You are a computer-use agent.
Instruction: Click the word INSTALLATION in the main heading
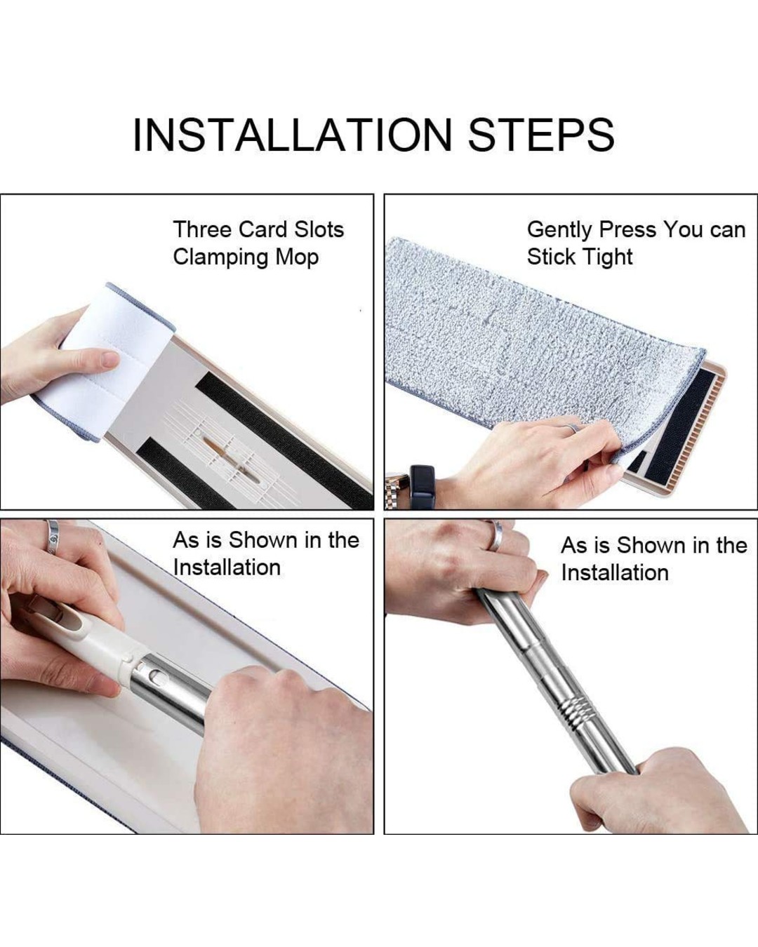(293, 135)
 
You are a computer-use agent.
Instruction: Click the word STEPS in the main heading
(540, 135)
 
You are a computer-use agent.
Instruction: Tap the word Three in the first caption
(202, 229)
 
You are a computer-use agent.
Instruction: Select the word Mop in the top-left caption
(297, 258)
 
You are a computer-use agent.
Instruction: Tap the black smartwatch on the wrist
(422, 486)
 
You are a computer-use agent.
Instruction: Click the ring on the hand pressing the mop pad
(571, 427)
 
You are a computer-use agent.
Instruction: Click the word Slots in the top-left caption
(319, 229)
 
